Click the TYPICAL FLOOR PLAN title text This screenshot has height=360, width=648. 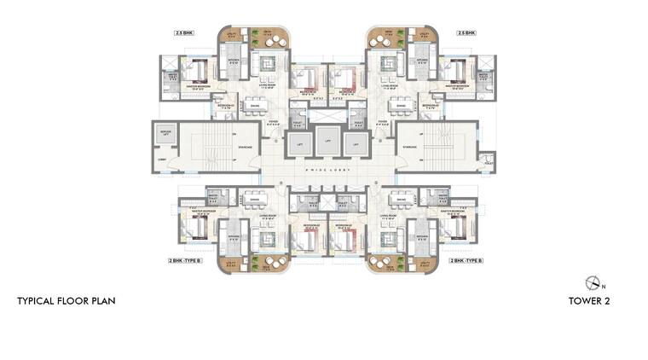(67, 301)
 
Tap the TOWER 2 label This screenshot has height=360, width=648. (588, 301)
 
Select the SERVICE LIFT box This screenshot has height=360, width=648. (167, 134)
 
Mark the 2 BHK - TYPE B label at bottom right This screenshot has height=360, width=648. (466, 259)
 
